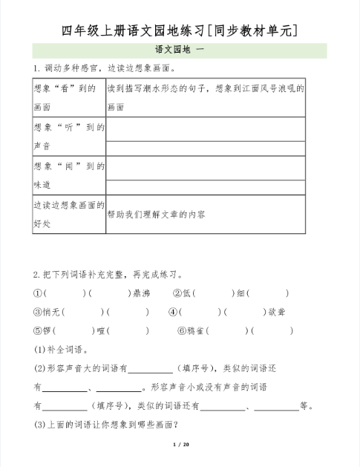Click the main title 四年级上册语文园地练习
pyautogui.click(x=180, y=30)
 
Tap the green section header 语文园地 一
pyautogui.click(x=180, y=50)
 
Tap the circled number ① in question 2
pyautogui.click(x=37, y=293)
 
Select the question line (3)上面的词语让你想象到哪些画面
pyautogui.click(x=102, y=425)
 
